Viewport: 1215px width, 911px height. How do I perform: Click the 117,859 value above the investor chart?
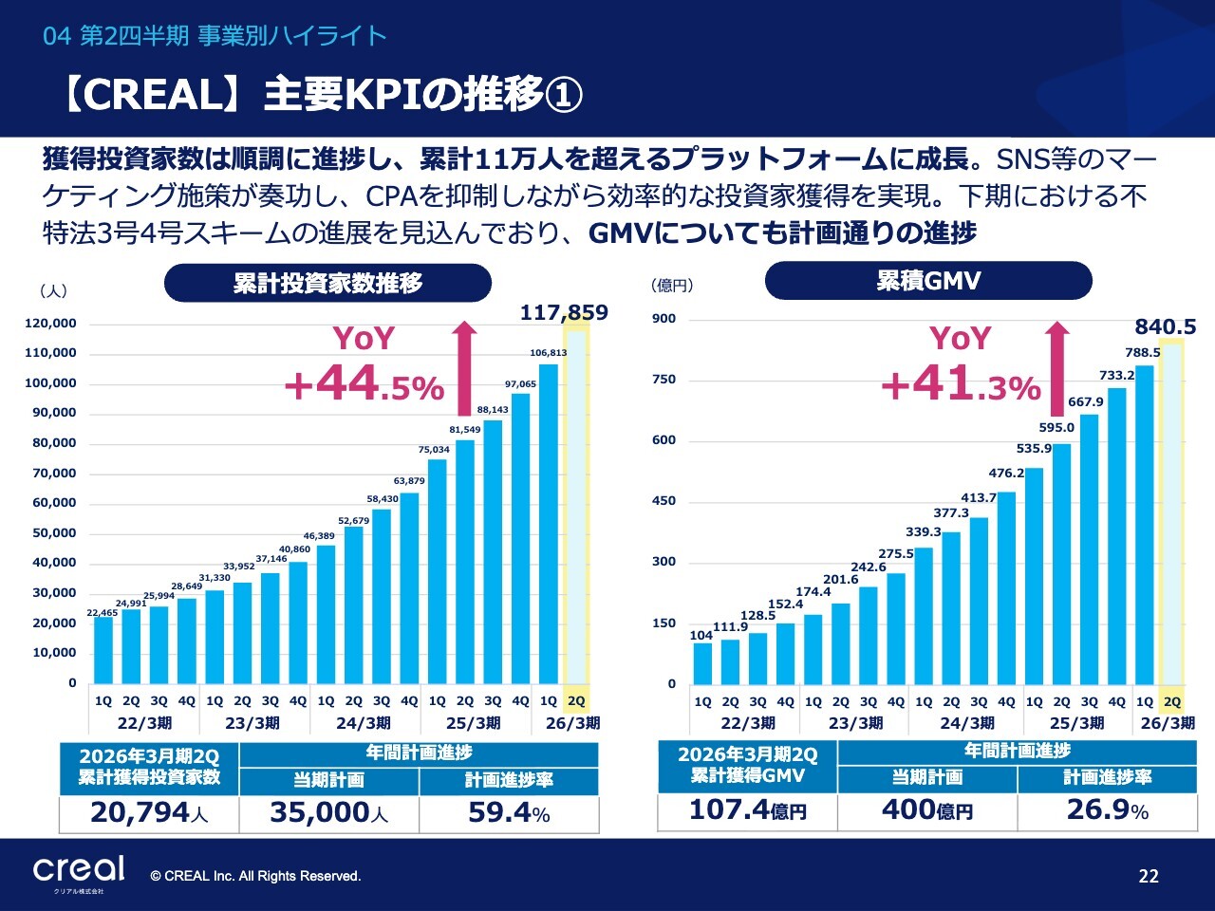564,313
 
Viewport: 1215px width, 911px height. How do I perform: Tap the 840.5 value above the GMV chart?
1165,327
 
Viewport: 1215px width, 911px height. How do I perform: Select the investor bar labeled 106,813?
549,522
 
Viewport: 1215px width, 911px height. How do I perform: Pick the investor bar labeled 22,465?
103,650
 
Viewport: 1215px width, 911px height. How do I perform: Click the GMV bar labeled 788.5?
1145,524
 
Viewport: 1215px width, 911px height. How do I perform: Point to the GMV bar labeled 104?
702,663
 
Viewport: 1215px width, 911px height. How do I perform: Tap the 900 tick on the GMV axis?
664,319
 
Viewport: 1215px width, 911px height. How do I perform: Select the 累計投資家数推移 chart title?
327,283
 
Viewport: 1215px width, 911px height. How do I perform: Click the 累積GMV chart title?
928,281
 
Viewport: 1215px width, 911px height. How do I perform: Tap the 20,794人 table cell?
149,813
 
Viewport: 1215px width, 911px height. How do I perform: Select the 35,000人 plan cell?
328,813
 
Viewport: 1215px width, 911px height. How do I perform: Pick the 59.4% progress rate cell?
509,813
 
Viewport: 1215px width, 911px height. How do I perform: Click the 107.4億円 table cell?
747,810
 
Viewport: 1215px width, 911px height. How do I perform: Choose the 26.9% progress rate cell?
1107,810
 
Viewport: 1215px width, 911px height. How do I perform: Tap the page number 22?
1149,876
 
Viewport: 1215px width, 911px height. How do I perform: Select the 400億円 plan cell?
927,810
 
